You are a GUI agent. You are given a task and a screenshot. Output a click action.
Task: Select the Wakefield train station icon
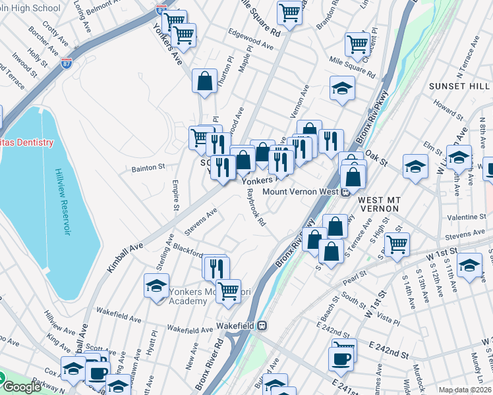[x=262, y=325]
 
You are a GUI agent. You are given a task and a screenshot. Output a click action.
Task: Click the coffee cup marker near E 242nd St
[x=341, y=359]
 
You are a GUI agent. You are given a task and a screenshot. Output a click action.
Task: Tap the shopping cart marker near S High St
[x=397, y=244]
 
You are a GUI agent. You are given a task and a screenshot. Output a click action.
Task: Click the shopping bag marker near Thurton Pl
[x=205, y=81]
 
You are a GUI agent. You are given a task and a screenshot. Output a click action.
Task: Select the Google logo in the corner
[x=22, y=387]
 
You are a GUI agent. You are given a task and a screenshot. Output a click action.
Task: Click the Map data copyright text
[x=465, y=390]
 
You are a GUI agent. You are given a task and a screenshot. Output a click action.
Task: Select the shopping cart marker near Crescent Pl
[x=357, y=44]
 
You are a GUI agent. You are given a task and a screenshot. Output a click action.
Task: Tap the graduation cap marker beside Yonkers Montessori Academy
[x=156, y=286]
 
